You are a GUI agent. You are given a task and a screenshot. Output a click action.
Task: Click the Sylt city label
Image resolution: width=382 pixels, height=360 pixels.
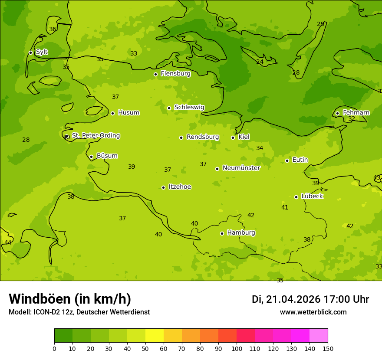point(42,52)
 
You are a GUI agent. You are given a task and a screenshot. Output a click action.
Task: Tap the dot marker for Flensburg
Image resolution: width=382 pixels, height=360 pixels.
point(155,74)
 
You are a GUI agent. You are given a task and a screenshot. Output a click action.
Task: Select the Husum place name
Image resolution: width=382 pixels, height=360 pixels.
point(128,113)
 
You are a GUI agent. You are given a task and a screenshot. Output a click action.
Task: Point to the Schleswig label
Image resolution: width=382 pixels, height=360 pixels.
point(189,107)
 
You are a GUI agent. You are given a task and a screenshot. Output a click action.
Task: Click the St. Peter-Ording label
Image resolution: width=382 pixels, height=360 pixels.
point(95,136)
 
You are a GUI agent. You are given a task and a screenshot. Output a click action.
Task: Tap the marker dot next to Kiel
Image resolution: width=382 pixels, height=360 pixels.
point(233,137)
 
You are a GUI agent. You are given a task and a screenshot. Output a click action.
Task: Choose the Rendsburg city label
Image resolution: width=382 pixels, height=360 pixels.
point(203,137)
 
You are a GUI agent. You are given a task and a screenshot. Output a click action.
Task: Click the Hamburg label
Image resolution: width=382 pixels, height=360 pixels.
point(241,233)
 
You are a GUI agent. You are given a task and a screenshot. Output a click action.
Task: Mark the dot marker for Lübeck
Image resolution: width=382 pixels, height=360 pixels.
point(296,197)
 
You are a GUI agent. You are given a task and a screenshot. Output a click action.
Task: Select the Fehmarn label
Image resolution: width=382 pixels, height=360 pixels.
point(356,113)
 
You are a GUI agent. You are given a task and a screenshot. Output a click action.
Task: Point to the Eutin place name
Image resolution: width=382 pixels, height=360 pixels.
point(300,160)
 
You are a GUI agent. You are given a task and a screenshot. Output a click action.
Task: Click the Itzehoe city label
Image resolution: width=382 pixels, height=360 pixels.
point(180,187)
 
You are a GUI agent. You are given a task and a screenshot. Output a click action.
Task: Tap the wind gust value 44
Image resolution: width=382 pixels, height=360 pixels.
point(8,242)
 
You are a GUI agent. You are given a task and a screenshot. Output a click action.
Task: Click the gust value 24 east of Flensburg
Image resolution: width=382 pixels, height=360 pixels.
point(260,62)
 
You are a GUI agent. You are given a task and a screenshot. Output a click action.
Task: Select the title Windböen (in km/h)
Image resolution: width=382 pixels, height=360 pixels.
point(70,299)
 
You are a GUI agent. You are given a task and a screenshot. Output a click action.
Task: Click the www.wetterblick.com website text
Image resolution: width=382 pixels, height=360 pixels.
point(313,312)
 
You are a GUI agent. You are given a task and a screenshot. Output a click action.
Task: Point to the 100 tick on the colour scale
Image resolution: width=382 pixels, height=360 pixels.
point(237,348)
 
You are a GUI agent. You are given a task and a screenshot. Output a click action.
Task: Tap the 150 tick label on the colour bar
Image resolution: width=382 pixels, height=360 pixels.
point(328,348)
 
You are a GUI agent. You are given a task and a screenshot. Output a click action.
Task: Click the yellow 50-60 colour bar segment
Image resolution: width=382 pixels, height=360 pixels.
point(155,336)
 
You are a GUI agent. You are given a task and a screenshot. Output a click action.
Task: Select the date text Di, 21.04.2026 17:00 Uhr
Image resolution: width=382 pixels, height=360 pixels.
point(310,299)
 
